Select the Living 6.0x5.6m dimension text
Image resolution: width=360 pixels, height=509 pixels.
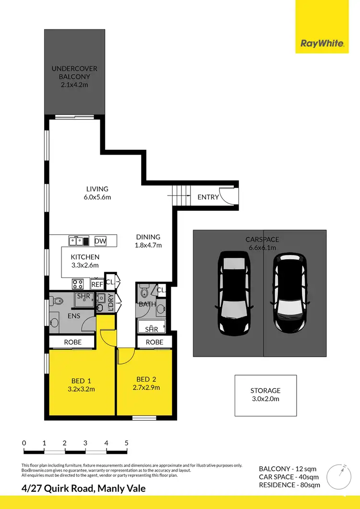[97, 197]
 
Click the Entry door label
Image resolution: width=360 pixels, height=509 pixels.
[208, 197]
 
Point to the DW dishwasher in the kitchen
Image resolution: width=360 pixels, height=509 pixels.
[100, 241]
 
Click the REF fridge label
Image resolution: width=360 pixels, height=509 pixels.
[97, 284]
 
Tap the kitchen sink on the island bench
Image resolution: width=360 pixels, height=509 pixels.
[77, 241]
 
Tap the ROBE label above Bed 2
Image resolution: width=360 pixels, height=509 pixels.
[155, 342]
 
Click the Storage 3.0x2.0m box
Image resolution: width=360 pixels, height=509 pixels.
[265, 395]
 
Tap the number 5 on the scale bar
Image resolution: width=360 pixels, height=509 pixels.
[127, 443]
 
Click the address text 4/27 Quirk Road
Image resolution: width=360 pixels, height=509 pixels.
[83, 489]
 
